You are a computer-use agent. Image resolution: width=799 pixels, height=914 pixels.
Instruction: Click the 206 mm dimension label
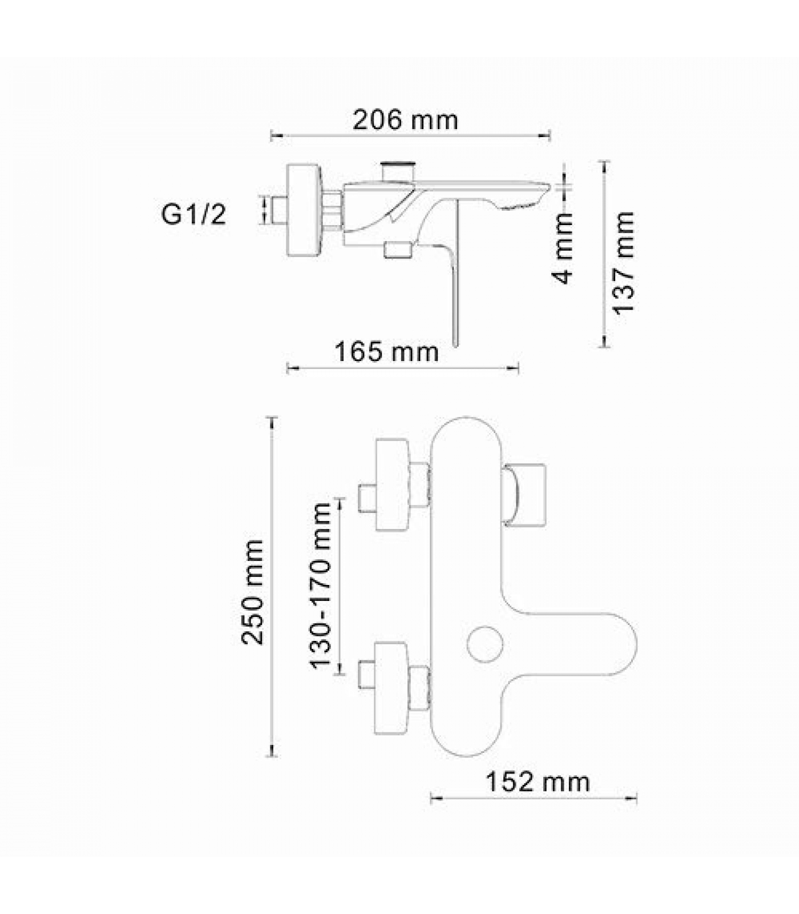pyautogui.click(x=405, y=120)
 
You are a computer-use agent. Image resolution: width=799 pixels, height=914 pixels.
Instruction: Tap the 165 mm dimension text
pyautogui.click(x=386, y=351)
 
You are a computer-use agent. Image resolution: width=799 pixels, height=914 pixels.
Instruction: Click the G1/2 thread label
pyautogui.click(x=194, y=215)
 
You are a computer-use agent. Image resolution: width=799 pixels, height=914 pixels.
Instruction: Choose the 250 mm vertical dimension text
pyautogui.click(x=252, y=592)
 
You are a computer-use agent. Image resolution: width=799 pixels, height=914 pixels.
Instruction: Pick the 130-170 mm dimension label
pyautogui.click(x=321, y=585)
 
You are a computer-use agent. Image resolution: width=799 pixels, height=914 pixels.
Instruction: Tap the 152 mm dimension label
pyautogui.click(x=537, y=782)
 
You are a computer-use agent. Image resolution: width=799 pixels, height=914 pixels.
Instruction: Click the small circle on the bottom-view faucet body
pyautogui.click(x=485, y=643)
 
